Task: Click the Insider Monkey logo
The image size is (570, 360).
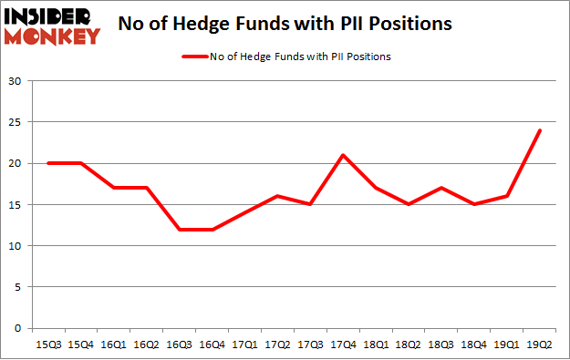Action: coord(52,25)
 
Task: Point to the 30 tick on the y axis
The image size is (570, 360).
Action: coord(16,81)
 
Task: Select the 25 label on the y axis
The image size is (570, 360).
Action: coord(16,122)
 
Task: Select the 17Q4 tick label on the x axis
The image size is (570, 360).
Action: coord(343,345)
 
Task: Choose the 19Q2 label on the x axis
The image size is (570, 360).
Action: coord(540,345)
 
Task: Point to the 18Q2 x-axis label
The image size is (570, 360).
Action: coord(409,345)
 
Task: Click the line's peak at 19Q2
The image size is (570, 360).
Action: coord(540,130)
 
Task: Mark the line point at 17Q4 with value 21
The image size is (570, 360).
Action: coord(343,155)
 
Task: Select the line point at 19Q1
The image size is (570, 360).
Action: coord(507,196)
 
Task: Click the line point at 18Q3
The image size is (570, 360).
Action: coord(441,188)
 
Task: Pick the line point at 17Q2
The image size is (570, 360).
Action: coord(276,196)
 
